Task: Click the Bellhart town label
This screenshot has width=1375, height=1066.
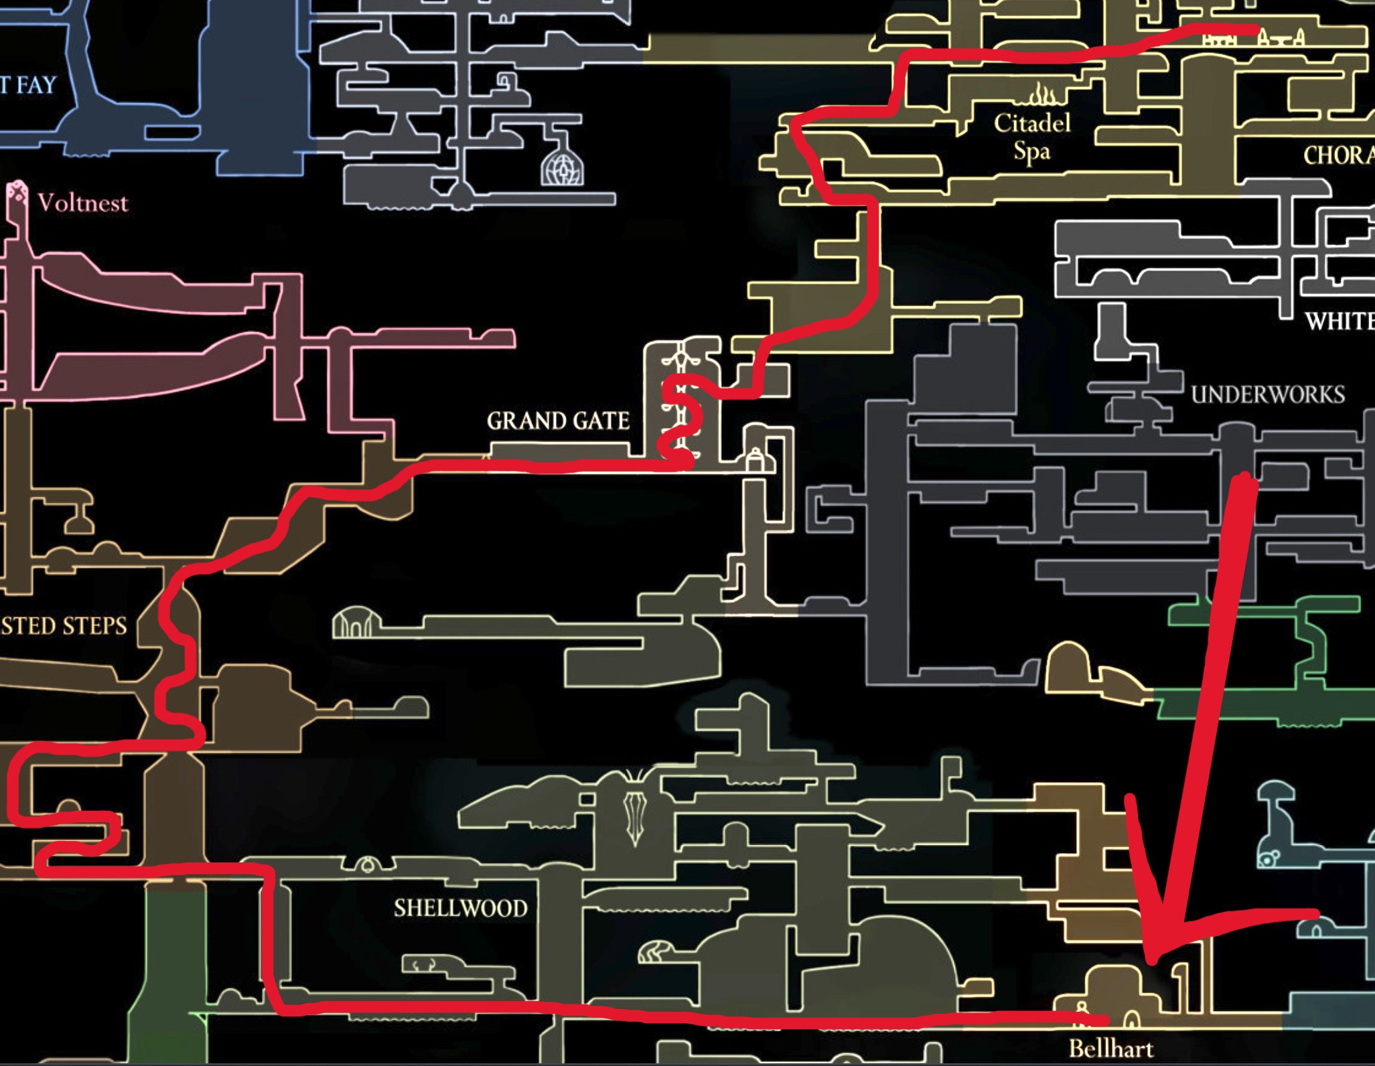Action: [x=1111, y=1047]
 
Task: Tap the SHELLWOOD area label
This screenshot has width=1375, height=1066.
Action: [x=461, y=908]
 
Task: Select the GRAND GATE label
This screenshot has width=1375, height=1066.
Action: [x=558, y=421]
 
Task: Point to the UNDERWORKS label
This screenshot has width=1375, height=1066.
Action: [x=1268, y=394]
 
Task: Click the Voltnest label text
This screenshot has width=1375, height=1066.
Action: [x=82, y=202]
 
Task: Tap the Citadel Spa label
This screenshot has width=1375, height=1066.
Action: [x=1032, y=137]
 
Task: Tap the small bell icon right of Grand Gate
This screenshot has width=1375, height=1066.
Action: [x=755, y=460]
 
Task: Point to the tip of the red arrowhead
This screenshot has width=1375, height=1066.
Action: [x=1153, y=962]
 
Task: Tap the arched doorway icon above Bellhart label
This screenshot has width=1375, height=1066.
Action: [x=1131, y=1020]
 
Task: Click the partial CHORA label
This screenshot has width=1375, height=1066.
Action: [x=1338, y=155]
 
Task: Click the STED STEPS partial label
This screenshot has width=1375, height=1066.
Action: [x=64, y=625]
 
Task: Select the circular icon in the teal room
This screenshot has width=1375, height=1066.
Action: [x=1269, y=858]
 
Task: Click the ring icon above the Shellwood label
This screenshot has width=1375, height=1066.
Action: [x=367, y=866]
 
